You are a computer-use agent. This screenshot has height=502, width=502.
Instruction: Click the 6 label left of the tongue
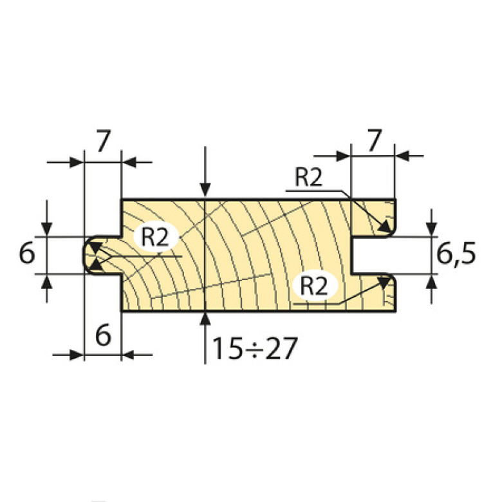coord(26,255)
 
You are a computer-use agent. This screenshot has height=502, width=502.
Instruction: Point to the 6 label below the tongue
coord(102,335)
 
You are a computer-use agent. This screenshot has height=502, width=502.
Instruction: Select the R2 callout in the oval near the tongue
coord(154,237)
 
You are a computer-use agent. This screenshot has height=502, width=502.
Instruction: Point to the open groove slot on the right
coord(373,256)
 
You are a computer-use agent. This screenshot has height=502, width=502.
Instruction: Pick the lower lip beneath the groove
coord(373,293)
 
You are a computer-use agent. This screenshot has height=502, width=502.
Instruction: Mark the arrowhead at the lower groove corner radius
coord(386,281)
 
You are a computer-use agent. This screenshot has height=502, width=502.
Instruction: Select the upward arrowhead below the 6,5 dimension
coord(431,281)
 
